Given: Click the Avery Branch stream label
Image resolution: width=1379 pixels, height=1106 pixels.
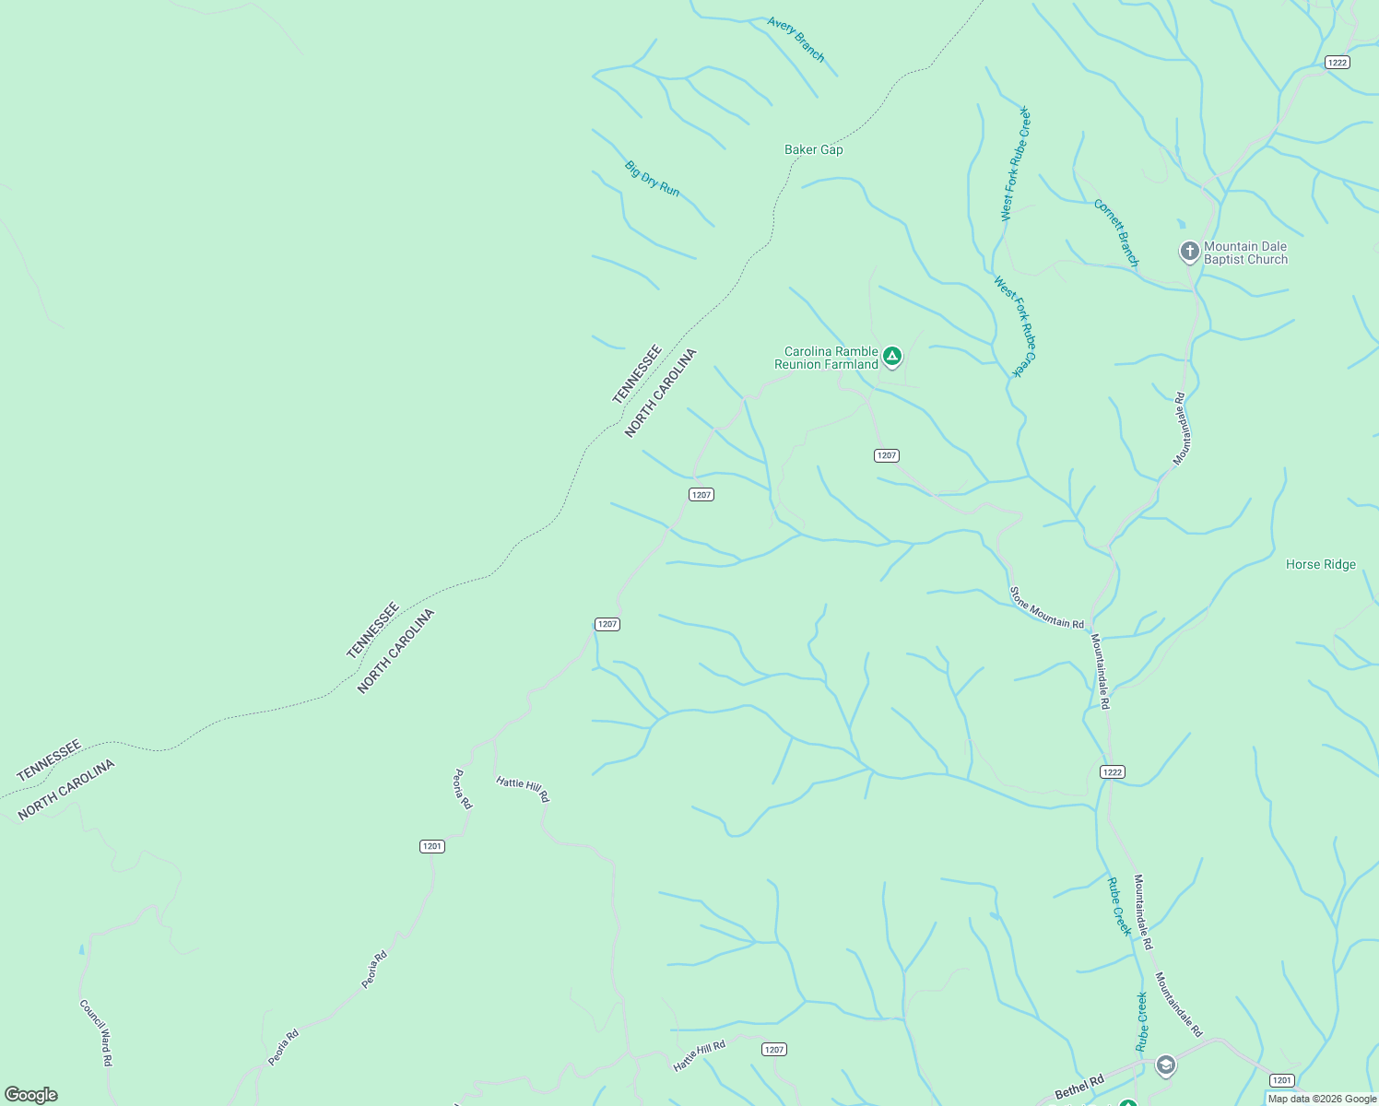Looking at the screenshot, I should click(x=796, y=39).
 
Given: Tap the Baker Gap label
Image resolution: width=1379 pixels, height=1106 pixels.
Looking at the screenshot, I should click(x=813, y=149).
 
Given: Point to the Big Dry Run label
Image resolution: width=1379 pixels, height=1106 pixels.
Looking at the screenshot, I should click(x=652, y=179).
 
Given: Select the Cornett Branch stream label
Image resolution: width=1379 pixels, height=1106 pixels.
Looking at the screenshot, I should click(x=1116, y=232).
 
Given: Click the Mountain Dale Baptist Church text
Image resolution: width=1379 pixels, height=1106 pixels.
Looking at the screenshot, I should click(x=1245, y=253).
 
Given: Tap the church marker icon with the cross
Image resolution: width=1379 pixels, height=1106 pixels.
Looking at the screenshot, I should click(x=1189, y=251).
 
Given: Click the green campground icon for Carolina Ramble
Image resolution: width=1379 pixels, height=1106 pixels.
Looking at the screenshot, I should click(x=891, y=356).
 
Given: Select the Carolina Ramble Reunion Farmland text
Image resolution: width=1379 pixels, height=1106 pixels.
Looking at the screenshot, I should click(x=827, y=358).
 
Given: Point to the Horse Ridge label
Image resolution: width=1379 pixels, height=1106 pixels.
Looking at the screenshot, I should click(x=1320, y=564).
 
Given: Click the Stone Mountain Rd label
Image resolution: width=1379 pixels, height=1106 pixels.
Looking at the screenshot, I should click(x=1046, y=608).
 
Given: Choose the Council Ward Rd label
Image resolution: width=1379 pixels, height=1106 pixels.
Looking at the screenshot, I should click(x=96, y=1032).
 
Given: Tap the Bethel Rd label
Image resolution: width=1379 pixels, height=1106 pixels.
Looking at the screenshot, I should click(x=1078, y=1087).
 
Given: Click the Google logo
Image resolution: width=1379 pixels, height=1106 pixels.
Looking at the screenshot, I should click(x=31, y=1095).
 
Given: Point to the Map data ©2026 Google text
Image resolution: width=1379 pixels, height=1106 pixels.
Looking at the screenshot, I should click(x=1322, y=1099).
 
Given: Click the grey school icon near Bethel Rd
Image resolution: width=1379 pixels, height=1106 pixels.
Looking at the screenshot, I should click(x=1165, y=1065).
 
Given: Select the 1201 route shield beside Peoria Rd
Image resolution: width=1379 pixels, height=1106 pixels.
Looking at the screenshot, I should click(x=431, y=846).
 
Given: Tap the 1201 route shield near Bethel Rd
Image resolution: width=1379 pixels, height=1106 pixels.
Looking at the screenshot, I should click(x=1281, y=1080).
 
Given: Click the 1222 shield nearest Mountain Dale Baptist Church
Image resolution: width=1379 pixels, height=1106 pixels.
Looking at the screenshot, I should click(x=1337, y=63).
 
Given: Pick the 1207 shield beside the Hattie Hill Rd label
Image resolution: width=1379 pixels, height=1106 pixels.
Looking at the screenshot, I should click(x=773, y=1049).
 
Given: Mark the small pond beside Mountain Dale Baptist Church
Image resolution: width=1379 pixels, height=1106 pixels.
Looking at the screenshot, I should click(x=1181, y=224).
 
